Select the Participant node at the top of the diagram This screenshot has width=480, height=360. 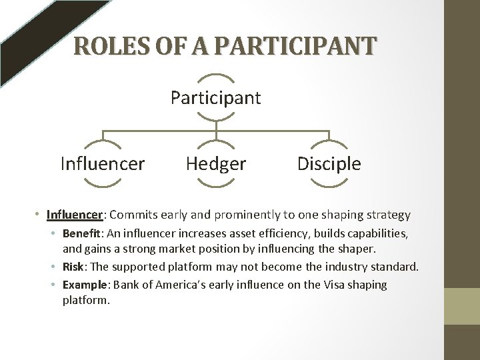click(216, 98)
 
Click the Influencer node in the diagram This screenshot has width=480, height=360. click(103, 164)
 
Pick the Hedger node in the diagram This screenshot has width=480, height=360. click(216, 164)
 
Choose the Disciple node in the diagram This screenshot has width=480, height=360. click(329, 164)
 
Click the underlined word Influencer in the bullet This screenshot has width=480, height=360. click(75, 215)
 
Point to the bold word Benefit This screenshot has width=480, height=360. click(81, 234)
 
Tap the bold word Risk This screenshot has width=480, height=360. click(73, 267)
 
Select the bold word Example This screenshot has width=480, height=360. click(84, 285)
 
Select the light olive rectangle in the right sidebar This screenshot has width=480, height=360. click(461, 306)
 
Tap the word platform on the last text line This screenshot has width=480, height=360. click(85, 301)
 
